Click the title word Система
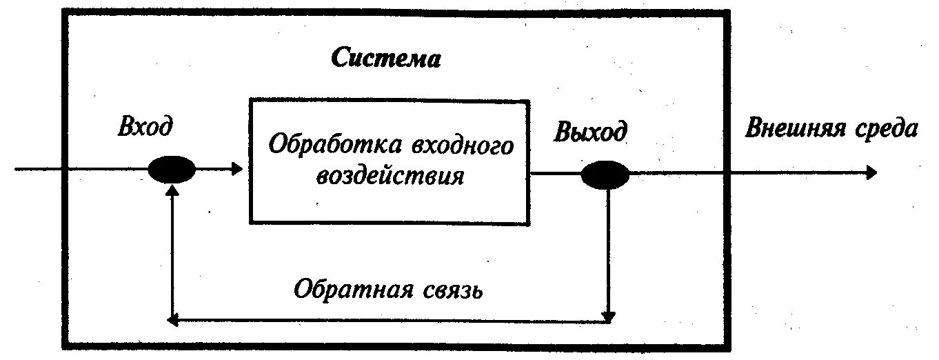click(385, 58)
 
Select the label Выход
click(590, 131)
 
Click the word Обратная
click(346, 288)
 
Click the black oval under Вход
click(172, 169)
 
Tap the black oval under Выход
click(605, 174)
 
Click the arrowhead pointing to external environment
click(871, 172)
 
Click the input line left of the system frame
click(38, 169)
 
